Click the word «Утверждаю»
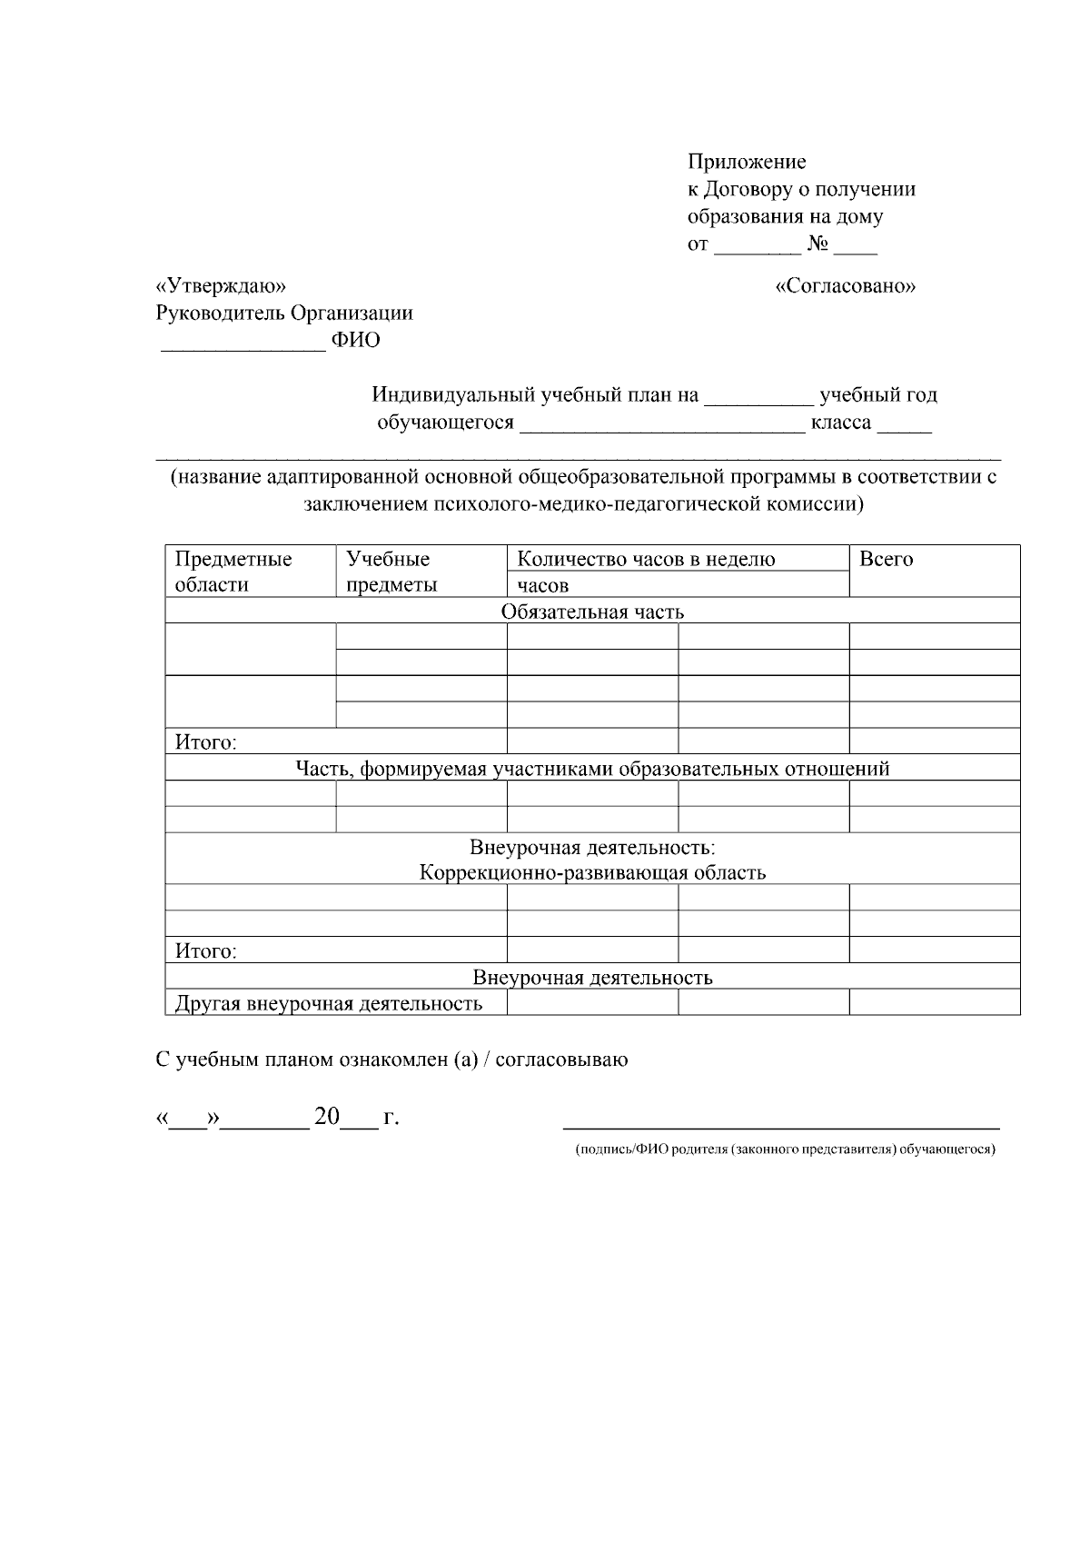(x=221, y=286)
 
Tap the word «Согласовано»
(x=846, y=286)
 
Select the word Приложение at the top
(x=747, y=162)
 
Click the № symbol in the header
(x=817, y=244)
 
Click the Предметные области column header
(x=233, y=572)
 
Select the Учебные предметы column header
(x=391, y=572)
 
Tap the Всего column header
(x=886, y=560)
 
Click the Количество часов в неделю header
(x=646, y=560)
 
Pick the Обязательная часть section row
(x=592, y=612)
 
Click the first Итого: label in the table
(x=206, y=742)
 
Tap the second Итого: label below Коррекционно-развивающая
(x=206, y=951)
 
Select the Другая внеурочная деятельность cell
(x=328, y=1004)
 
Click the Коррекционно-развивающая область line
(x=592, y=873)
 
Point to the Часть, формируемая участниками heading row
(x=592, y=769)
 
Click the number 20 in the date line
(x=326, y=1117)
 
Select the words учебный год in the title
(x=878, y=395)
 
